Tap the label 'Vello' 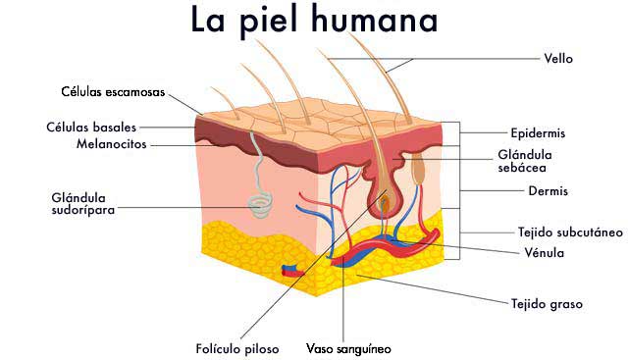coord(558,59)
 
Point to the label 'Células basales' coord(90,127)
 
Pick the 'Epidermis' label coord(538,131)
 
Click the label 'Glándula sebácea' coord(524,162)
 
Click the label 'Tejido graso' coord(547,304)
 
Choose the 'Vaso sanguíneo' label coord(349,348)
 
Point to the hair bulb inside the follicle coord(386,204)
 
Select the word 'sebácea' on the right coord(524,169)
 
